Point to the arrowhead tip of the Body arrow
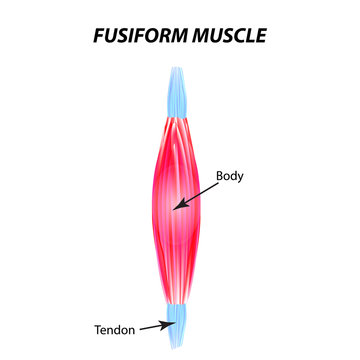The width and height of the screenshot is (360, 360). point(173,208)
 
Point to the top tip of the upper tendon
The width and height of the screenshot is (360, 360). point(179,67)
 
